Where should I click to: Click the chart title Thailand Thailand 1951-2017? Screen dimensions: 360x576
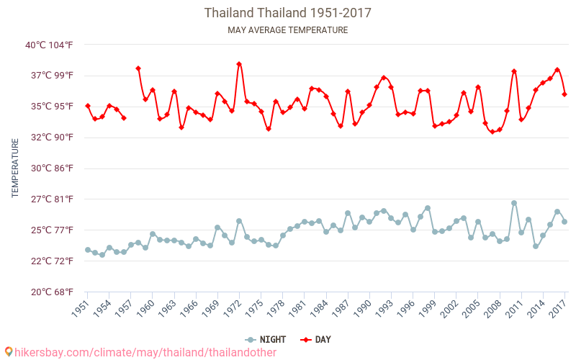pyautogui.click(x=288, y=13)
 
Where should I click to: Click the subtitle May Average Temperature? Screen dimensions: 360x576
pyautogui.click(x=288, y=30)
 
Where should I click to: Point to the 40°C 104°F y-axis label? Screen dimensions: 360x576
pyautogui.click(x=50, y=45)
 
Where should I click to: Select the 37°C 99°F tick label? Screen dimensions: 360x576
pyautogui.click(x=50, y=76)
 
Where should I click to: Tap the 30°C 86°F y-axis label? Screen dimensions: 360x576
pyautogui.click(x=50, y=168)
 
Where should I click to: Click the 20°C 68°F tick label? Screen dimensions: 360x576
pyautogui.click(x=50, y=292)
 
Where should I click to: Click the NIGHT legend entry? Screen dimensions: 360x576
pyautogui.click(x=266, y=340)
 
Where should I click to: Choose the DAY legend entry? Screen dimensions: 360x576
pyautogui.click(x=316, y=340)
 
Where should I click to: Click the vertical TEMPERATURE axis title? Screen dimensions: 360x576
pyautogui.click(x=15, y=168)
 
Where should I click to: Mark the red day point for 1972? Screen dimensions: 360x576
pyautogui.click(x=239, y=64)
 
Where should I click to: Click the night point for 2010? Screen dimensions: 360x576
pyautogui.click(x=514, y=203)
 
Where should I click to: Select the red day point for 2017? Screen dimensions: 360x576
pyautogui.click(x=564, y=94)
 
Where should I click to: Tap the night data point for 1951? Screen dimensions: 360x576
pyautogui.click(x=88, y=250)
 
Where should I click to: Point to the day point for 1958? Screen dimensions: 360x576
pyautogui.click(x=138, y=68)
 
